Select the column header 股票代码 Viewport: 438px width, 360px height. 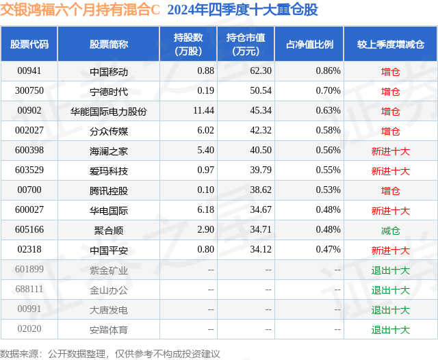tap(29, 44)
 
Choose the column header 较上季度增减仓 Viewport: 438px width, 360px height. tap(390, 44)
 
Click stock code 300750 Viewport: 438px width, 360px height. tap(29, 91)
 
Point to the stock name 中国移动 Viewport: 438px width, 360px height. tap(109, 71)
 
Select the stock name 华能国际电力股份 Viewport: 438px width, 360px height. tap(109, 111)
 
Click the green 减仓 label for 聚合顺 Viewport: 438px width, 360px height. tap(390, 231)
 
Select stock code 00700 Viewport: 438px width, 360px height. tap(29, 191)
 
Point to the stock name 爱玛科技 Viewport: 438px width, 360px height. tap(109, 171)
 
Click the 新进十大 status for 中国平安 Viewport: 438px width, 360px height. tap(390, 250)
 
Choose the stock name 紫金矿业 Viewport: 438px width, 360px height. tap(109, 270)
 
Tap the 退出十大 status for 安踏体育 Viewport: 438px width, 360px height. tap(390, 330)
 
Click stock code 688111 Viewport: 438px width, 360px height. tap(29, 290)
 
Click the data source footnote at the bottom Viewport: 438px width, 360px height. tap(110, 353)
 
